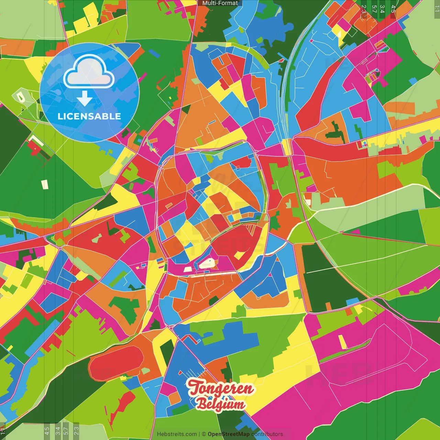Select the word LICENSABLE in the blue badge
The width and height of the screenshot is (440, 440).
click(89, 117)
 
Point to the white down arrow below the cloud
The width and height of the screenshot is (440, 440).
click(85, 98)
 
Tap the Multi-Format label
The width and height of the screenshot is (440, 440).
click(220, 3)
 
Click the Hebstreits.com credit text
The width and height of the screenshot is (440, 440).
click(177, 434)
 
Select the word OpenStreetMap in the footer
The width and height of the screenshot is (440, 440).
click(229, 434)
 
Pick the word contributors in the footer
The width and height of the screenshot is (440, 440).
click(267, 434)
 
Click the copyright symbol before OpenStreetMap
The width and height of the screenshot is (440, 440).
click(203, 434)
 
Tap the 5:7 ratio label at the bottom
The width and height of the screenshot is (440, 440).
click(66, 430)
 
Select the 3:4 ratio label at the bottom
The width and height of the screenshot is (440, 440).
click(58, 430)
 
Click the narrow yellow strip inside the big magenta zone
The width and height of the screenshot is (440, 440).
click(342, 342)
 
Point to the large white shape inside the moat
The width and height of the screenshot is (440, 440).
click(208, 263)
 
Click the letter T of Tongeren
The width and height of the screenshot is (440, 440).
click(195, 388)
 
